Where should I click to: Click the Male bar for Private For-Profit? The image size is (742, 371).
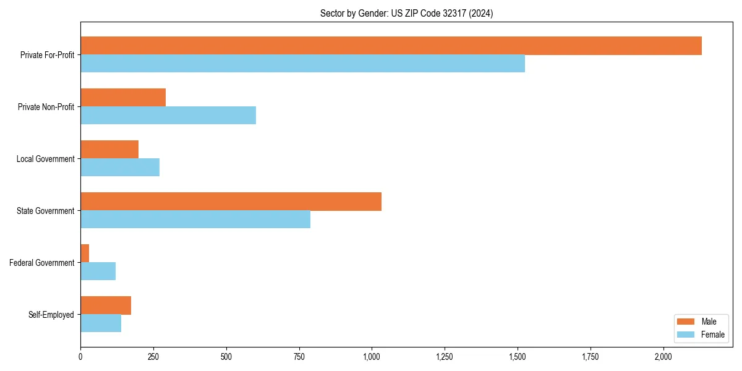(391, 46)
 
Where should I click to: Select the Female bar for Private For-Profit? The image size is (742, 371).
(302, 64)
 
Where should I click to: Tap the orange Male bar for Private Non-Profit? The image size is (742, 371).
(123, 98)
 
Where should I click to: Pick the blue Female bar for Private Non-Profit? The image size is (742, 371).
(168, 116)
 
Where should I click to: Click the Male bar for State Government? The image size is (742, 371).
(231, 202)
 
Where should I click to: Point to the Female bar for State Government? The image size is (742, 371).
(195, 220)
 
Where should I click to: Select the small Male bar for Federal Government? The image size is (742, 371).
(85, 254)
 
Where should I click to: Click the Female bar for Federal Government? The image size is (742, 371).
(98, 271)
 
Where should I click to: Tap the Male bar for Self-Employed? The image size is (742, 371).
(106, 305)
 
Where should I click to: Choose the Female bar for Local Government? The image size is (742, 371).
(120, 168)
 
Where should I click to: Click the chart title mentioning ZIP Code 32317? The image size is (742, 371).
(406, 13)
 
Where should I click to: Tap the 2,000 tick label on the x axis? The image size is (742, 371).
(663, 357)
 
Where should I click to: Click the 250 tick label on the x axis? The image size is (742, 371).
(153, 357)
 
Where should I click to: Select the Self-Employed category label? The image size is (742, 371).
(51, 315)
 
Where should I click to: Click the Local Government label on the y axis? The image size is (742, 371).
(45, 159)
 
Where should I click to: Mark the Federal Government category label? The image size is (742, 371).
(41, 263)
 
